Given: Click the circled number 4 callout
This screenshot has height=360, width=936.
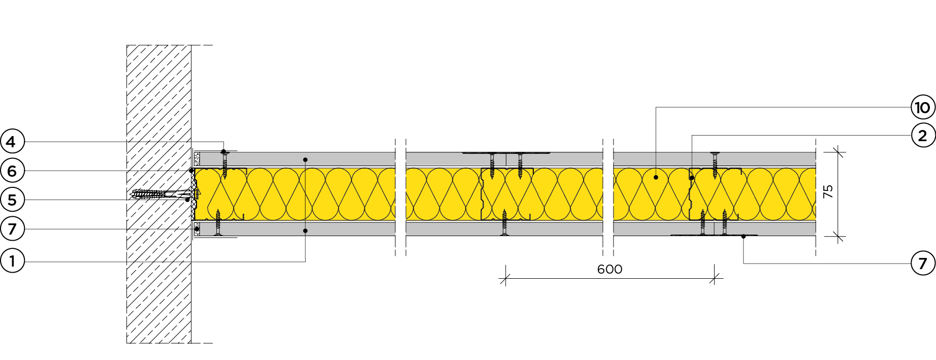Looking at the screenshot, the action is point(12,142).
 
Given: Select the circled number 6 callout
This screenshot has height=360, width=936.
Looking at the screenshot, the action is point(12,171).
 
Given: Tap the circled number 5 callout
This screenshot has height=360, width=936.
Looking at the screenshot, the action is point(12,200).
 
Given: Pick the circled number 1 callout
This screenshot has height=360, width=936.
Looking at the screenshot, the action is point(12,261).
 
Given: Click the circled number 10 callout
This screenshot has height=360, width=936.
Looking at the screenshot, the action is point(923,107).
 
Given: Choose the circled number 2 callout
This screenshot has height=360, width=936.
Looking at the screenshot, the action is point(923,136).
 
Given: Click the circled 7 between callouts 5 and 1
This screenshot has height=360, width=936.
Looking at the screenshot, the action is point(12,229).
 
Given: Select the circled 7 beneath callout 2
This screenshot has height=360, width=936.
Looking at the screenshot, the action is point(923,263).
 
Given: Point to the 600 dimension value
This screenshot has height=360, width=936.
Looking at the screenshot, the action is point(609,269).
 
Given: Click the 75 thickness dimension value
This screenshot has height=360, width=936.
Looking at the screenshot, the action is point(828,191).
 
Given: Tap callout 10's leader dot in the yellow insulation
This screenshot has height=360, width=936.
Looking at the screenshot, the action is point(656,177).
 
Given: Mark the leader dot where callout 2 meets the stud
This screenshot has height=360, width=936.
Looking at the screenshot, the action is point(692,178).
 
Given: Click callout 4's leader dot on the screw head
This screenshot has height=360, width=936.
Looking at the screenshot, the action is point(223,151).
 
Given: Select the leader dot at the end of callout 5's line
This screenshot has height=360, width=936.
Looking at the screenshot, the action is point(187,200).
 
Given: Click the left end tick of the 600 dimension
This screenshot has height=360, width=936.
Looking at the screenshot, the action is point(505,278).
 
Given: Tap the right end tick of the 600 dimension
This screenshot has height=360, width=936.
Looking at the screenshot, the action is point(715,278).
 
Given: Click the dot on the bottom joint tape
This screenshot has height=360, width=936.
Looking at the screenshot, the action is point(744,236).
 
